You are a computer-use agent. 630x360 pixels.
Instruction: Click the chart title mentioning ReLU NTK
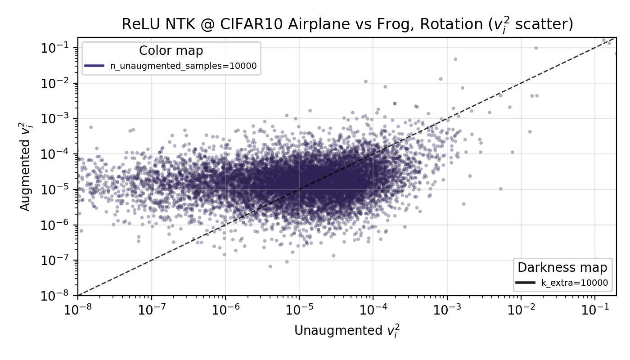347,25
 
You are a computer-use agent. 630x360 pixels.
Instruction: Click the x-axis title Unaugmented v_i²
347,331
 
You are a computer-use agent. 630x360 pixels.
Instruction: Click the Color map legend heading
171,50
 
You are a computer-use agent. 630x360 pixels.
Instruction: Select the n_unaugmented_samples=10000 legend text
184,66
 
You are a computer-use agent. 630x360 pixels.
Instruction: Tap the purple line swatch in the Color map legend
94,66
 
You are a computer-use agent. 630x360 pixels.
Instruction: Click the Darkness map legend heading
562,268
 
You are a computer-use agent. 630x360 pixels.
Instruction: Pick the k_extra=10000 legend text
574,283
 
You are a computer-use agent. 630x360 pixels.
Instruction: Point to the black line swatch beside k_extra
525,283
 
